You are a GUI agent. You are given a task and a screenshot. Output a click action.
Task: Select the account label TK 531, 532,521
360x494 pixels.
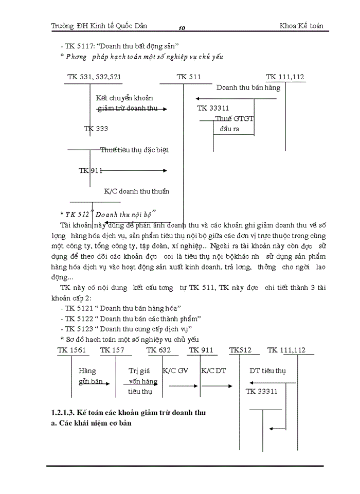click(x=95, y=77)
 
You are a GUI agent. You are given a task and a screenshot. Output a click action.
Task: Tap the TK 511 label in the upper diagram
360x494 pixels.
click(x=189, y=77)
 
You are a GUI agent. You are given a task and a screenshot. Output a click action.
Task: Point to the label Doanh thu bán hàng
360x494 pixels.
click(x=248, y=87)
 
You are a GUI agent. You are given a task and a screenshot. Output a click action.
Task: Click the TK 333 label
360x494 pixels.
click(x=96, y=129)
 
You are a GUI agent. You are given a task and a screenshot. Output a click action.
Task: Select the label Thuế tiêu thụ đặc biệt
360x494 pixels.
click(x=134, y=150)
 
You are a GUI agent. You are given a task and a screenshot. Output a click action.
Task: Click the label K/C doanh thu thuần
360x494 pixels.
click(x=136, y=191)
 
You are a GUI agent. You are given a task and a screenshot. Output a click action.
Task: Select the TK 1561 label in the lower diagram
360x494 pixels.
click(x=71, y=350)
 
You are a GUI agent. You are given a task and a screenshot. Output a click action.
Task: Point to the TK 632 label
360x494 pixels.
click(x=159, y=350)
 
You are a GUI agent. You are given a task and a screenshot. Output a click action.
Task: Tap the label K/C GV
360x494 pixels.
click(x=175, y=370)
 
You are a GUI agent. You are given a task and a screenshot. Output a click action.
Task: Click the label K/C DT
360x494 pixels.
click(x=213, y=370)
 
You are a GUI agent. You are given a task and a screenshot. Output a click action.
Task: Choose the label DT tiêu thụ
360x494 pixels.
click(x=267, y=370)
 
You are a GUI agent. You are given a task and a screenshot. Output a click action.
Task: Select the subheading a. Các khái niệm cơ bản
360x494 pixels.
click(x=88, y=424)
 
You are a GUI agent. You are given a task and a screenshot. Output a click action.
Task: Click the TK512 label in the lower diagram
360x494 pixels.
click(x=241, y=350)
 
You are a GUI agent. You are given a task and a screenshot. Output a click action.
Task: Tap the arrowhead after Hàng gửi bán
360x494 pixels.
click(x=107, y=383)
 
